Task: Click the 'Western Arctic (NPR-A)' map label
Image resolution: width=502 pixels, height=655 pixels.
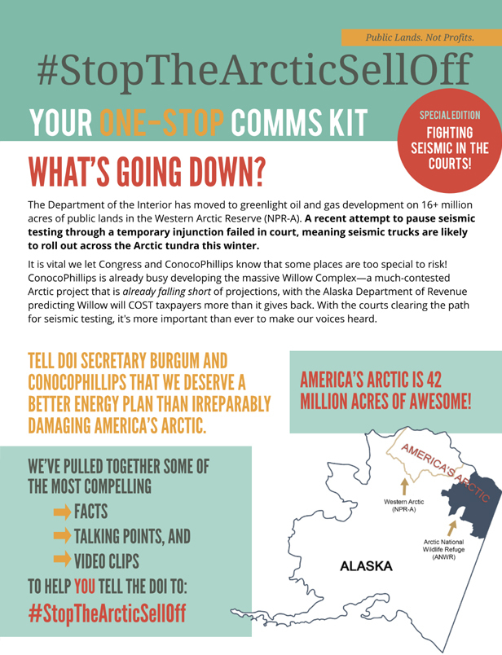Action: point(403,504)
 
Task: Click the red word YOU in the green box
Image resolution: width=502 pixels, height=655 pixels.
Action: point(86,587)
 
